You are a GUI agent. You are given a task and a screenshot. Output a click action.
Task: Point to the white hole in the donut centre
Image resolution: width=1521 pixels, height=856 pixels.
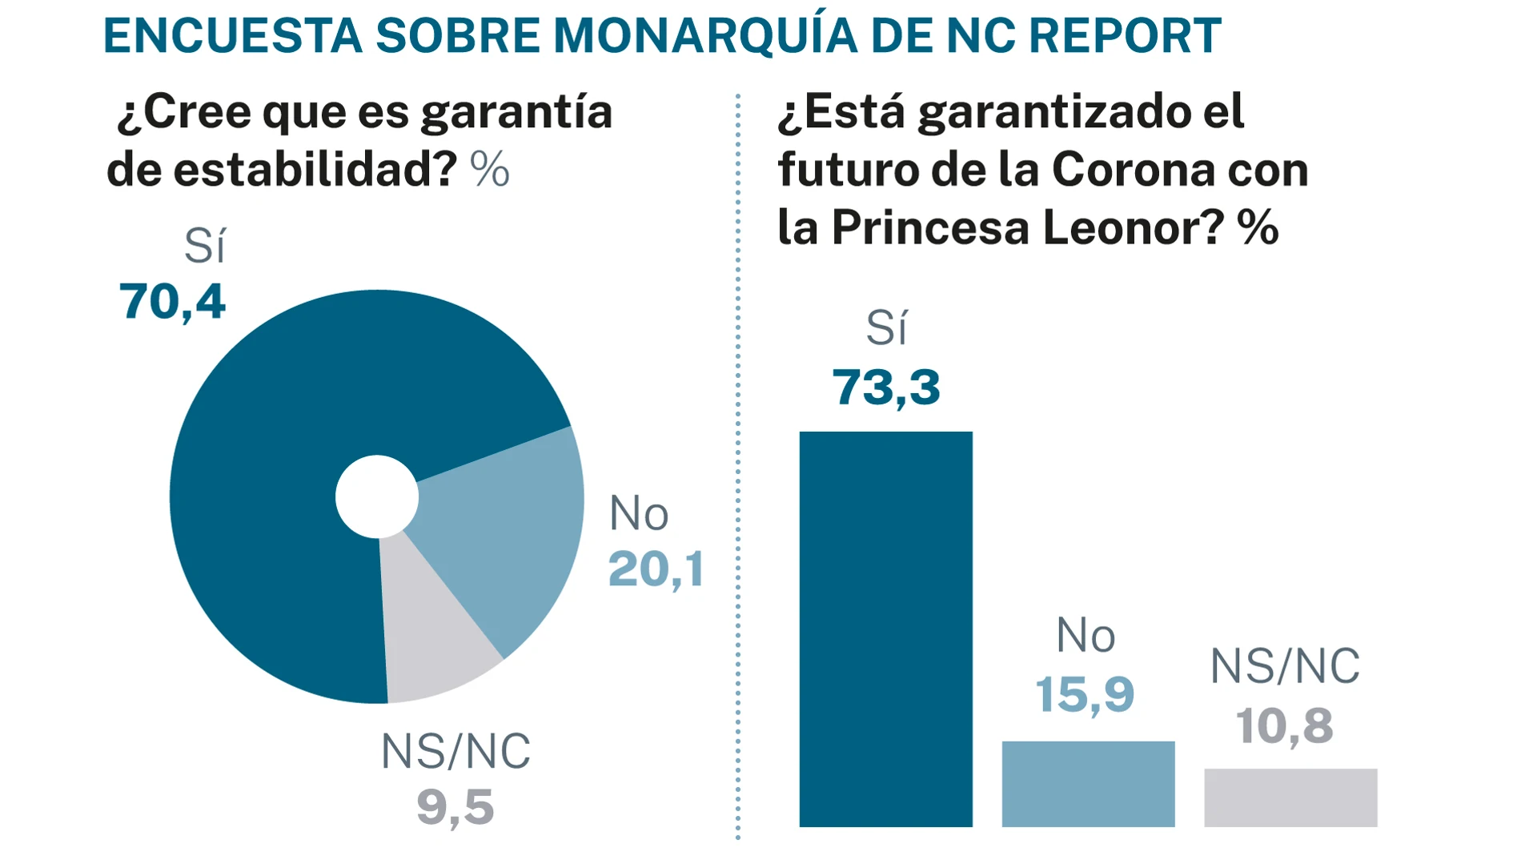click(x=377, y=496)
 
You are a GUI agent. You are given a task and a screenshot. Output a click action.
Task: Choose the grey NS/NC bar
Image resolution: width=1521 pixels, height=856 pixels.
click(x=1290, y=798)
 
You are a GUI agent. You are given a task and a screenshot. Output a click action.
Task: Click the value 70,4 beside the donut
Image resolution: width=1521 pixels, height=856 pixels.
click(x=172, y=302)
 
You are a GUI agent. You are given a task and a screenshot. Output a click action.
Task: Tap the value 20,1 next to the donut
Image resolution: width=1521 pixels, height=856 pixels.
click(x=656, y=569)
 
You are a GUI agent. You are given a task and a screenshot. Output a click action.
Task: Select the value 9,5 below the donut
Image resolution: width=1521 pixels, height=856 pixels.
click(x=455, y=806)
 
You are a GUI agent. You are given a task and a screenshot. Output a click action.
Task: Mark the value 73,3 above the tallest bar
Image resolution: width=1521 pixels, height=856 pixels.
click(x=885, y=388)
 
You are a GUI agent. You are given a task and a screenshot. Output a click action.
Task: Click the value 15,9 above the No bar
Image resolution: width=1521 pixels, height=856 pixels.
click(x=1085, y=693)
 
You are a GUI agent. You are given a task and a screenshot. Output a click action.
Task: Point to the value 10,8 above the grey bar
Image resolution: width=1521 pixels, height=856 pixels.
click(x=1284, y=725)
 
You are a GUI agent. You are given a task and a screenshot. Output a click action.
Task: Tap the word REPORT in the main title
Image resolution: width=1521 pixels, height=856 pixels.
click(x=1124, y=36)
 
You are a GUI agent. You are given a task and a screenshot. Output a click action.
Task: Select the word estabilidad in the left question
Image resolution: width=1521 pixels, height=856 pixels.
click(x=315, y=170)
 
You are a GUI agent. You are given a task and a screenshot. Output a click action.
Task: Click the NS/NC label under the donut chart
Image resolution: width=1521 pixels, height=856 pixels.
click(x=455, y=751)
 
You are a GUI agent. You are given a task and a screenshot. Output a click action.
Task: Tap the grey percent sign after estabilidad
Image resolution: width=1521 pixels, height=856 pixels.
click(x=490, y=170)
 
